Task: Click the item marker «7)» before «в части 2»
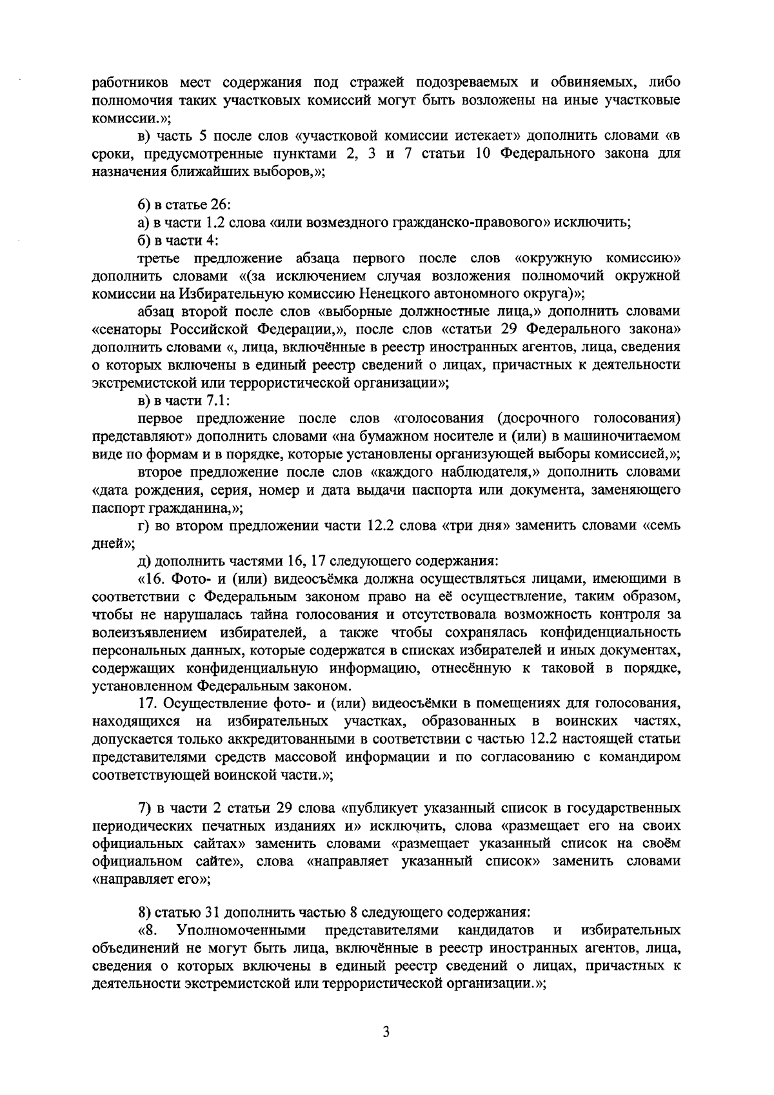145,808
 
